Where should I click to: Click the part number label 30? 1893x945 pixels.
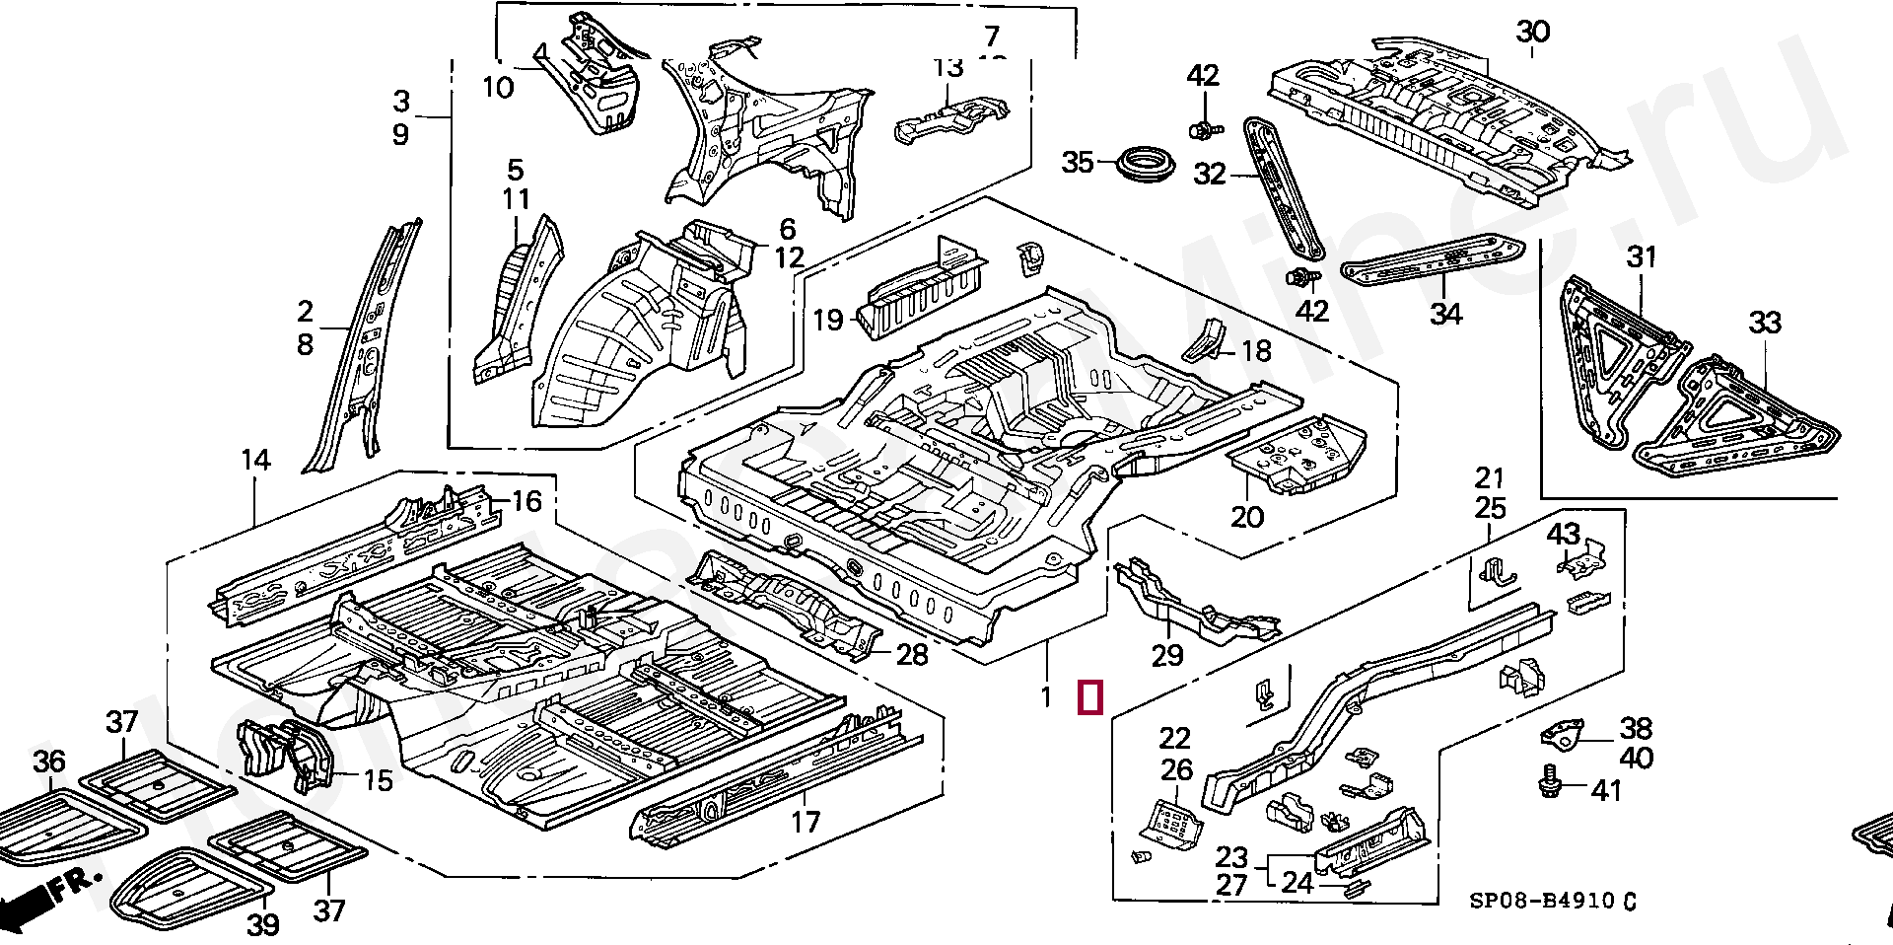(x=1533, y=32)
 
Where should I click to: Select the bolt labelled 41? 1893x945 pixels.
(x=1549, y=783)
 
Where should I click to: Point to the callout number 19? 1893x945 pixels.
(x=828, y=320)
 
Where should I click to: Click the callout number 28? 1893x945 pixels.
(x=912, y=654)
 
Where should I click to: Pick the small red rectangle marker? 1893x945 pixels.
(x=1089, y=697)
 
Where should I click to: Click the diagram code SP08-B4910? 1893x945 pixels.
(x=1542, y=901)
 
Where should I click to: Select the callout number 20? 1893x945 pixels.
(x=1247, y=517)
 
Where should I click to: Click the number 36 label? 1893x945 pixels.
(x=49, y=762)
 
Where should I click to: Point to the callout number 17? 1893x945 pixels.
(x=806, y=822)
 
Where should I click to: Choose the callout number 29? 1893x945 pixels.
(x=1167, y=655)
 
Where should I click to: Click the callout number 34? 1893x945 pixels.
(x=1446, y=314)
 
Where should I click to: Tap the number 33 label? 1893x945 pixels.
(x=1765, y=323)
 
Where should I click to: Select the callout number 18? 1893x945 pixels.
(x=1256, y=351)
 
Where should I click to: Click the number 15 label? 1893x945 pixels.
(x=379, y=780)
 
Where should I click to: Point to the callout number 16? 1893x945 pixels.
(x=526, y=501)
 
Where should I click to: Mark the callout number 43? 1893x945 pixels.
(x=1564, y=534)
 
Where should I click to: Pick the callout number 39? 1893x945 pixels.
(x=263, y=924)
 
